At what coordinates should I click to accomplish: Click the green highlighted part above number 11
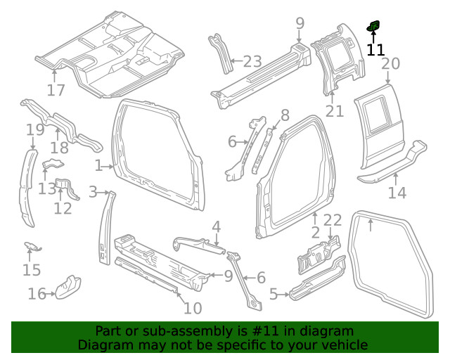click(373, 27)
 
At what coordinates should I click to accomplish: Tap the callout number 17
click(56, 90)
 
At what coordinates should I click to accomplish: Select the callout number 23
click(252, 61)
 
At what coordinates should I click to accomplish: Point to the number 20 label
click(390, 64)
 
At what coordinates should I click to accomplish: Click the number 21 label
click(335, 110)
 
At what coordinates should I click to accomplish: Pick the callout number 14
click(397, 193)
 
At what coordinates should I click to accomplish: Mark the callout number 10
click(192, 307)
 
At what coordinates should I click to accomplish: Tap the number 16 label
click(37, 294)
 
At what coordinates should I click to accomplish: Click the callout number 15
click(31, 270)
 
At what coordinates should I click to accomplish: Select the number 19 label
click(35, 129)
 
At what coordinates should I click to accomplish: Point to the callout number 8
click(285, 115)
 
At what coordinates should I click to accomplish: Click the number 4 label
click(217, 226)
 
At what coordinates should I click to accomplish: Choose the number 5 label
click(274, 295)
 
